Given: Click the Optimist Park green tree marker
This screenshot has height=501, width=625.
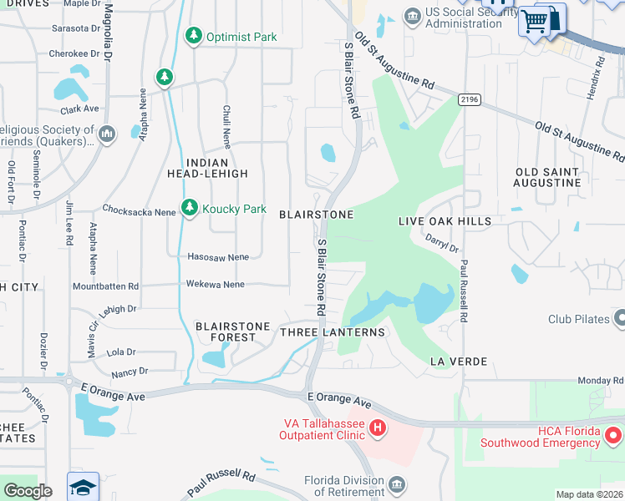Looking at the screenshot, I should tap(194, 35).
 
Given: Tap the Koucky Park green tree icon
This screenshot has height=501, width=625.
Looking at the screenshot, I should tap(190, 208).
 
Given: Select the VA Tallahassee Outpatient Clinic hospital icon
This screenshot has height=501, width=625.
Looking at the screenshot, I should tap(378, 428).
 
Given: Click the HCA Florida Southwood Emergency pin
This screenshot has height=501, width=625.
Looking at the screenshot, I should tap(614, 435).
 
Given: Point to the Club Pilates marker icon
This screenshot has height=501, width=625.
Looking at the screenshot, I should tap(619, 318).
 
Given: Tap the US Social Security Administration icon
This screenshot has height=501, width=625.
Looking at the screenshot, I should tap(411, 16).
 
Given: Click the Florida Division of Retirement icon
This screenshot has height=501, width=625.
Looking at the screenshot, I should tap(398, 485).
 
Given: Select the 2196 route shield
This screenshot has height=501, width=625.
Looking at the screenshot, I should tap(469, 99).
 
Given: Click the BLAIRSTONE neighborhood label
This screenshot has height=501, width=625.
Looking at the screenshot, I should tap(316, 215).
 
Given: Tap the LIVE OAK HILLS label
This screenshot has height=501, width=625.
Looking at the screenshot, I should tap(445, 220).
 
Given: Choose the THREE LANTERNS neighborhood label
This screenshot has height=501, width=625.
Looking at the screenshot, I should tap(333, 332).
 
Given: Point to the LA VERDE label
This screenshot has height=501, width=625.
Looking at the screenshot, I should tap(458, 362).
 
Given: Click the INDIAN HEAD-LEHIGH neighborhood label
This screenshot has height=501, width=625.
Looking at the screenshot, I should tap(216, 167).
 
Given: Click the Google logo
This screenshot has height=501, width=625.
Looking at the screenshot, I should tap(28, 490).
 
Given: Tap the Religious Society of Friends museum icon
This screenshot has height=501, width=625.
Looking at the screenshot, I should tap(106, 134).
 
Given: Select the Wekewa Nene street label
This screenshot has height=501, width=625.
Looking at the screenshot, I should tap(215, 285).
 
